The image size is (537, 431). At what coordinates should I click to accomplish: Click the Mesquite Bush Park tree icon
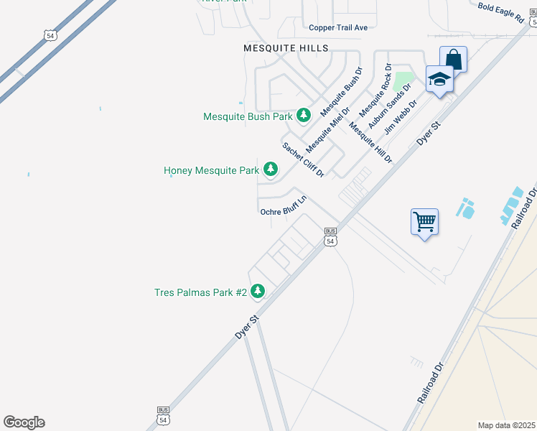[x=304, y=115]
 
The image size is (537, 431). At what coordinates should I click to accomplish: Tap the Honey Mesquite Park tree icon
[x=271, y=170]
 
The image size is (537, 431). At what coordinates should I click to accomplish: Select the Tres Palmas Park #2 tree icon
[x=258, y=292]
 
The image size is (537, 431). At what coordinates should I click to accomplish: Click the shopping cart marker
[x=424, y=221]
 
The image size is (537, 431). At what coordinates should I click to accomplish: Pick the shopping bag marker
[x=454, y=59]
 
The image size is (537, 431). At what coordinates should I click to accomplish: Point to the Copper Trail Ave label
[x=337, y=28]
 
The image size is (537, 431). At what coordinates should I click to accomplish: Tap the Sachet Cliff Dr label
[x=303, y=159]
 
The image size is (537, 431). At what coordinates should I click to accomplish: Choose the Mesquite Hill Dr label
[x=370, y=143]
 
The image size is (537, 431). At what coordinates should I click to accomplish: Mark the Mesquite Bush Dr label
[x=342, y=92]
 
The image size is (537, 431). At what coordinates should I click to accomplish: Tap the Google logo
[x=24, y=422]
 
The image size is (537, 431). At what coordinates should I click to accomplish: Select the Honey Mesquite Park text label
[x=211, y=170]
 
